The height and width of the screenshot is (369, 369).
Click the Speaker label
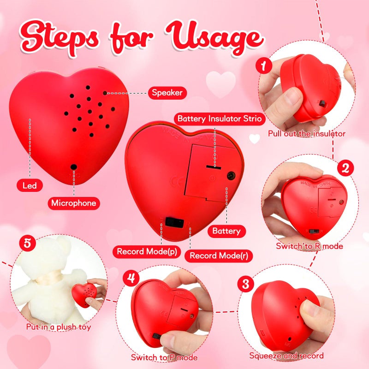pos(167,93)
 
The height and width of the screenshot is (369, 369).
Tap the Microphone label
pos(74,202)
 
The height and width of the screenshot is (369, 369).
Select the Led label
pos(30,186)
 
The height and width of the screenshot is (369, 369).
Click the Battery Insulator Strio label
pos(220,119)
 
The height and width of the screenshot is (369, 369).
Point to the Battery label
pos(226,231)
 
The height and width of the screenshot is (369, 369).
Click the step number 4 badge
pos(131,278)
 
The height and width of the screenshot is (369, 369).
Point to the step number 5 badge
pos(27,243)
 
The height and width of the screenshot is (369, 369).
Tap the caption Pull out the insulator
pos(307,134)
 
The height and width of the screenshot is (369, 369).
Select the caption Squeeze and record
pos(286,356)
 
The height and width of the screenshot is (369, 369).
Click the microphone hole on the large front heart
pos(73,167)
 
